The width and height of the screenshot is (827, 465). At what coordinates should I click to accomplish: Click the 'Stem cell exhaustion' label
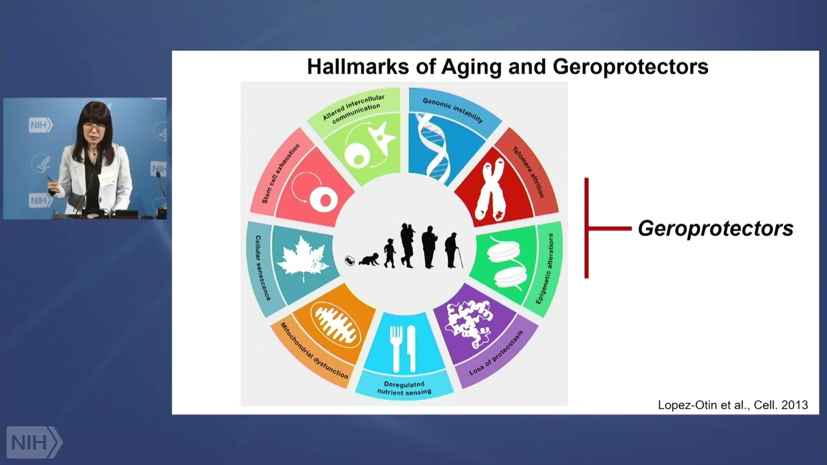[x=271, y=174]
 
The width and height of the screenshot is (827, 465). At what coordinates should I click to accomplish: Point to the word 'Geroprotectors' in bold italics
[x=715, y=229]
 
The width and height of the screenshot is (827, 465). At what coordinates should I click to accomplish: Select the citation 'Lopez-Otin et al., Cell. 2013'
[x=733, y=405]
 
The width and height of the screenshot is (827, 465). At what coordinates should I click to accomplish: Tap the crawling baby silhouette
[x=370, y=260]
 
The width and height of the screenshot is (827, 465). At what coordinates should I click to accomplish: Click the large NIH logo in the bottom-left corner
[x=34, y=442]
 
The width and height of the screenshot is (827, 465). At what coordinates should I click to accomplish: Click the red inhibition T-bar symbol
[x=598, y=228]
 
